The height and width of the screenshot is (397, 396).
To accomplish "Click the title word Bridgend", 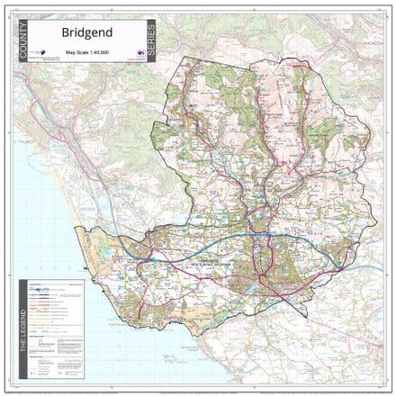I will click(x=86, y=33).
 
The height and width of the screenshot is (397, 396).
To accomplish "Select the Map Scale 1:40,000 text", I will click(x=86, y=53).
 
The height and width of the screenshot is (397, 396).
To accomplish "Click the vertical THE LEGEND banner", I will click(x=24, y=332).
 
